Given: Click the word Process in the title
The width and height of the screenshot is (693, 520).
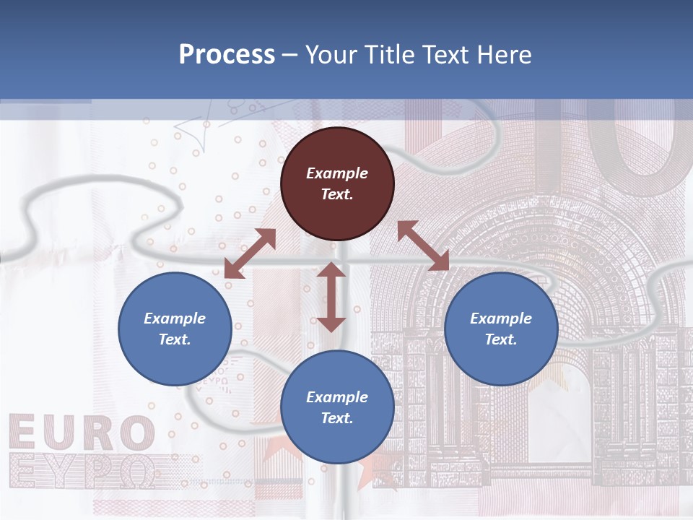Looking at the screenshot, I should (227, 55).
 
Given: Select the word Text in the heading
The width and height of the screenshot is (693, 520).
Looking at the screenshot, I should (443, 55).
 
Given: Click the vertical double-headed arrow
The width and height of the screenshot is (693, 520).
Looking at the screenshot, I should (331, 297).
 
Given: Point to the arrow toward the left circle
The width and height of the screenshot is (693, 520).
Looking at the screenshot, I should (250, 253).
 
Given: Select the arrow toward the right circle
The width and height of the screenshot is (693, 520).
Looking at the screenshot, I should (423, 246).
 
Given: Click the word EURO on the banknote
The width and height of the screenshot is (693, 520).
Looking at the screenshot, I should (81, 433).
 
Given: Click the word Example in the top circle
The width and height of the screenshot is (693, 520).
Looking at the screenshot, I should (337, 173).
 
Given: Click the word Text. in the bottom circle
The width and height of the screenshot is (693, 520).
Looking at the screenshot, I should (337, 418).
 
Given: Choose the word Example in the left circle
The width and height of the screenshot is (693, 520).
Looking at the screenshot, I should (175, 318).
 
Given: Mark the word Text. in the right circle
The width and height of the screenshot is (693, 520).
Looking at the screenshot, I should (501, 339).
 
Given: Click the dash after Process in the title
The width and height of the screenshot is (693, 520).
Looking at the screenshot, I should (289, 56).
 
